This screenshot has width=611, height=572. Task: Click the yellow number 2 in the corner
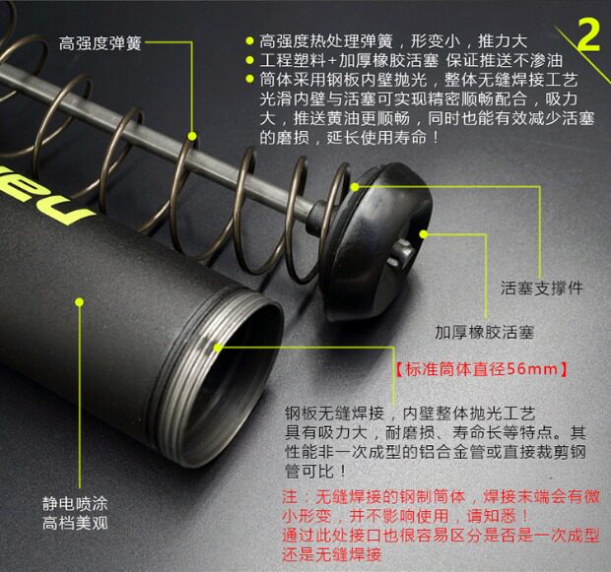point(588,34)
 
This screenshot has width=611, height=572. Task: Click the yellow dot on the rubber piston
point(424,233)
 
